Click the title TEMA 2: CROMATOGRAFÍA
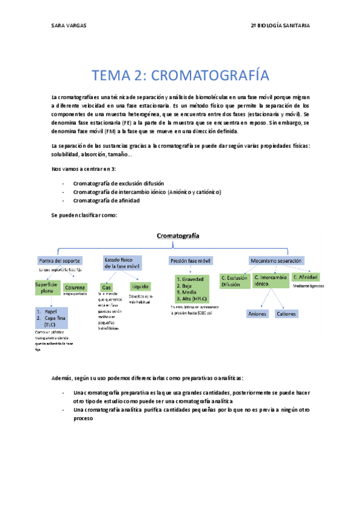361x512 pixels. [180, 75]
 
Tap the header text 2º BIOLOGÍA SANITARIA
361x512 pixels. [289, 25]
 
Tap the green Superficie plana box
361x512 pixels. [46, 287]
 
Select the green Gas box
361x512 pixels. [107, 287]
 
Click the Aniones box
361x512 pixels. [257, 313]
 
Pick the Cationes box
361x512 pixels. [286, 313]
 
